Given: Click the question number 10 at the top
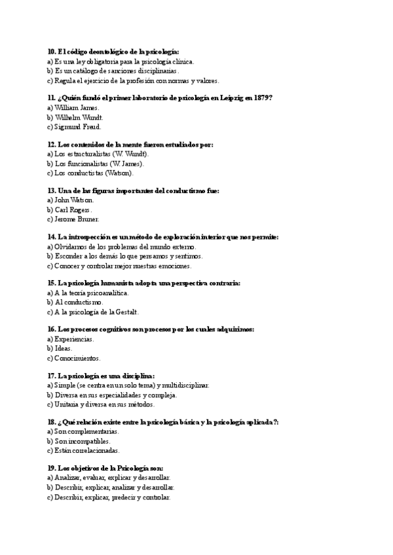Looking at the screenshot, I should [x=52, y=51].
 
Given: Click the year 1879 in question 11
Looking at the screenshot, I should [x=262, y=98].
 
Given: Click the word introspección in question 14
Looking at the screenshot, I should [x=90, y=236].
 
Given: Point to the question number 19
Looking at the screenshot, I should [x=52, y=468].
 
